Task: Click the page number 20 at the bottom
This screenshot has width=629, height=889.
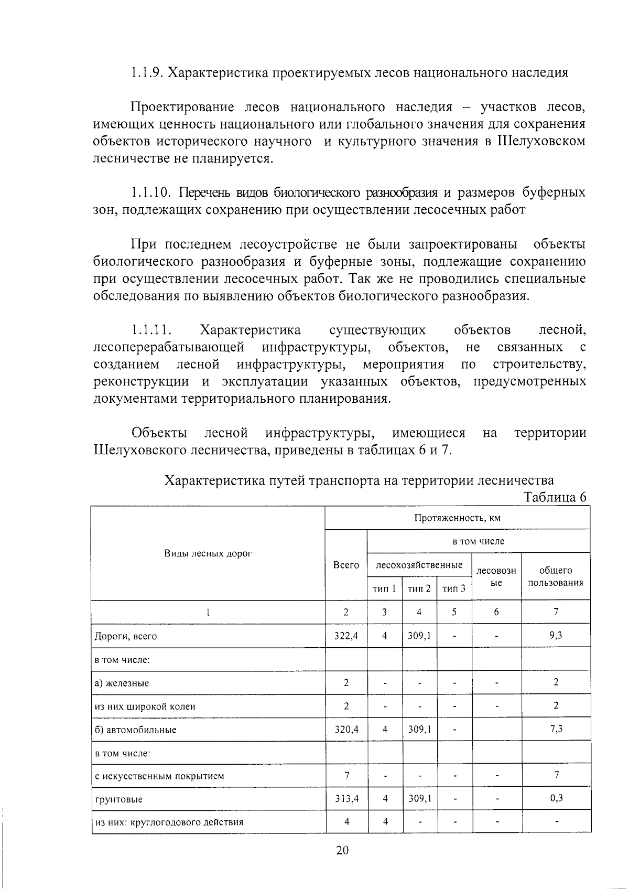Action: (x=342, y=850)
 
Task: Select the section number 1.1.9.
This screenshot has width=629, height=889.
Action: (x=146, y=72)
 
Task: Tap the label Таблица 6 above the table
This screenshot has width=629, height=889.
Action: (x=555, y=497)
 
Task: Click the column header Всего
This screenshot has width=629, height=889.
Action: (x=346, y=565)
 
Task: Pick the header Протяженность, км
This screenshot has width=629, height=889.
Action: (x=457, y=518)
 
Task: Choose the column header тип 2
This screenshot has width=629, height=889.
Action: (x=419, y=588)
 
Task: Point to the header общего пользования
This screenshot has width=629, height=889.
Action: (x=555, y=576)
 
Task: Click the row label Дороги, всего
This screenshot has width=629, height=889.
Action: (x=125, y=636)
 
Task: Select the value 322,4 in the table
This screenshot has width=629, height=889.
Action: (x=346, y=636)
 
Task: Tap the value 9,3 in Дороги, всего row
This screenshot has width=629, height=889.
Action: (x=555, y=636)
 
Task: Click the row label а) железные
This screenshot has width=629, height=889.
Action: (x=121, y=683)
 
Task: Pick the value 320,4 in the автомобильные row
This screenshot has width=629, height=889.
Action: (x=346, y=729)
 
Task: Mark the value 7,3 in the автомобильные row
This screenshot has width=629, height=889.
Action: (x=555, y=729)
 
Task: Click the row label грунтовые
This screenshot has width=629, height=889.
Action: (x=118, y=799)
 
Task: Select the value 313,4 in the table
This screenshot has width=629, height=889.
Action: (x=346, y=799)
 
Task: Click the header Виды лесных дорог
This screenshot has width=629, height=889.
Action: (x=208, y=553)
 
